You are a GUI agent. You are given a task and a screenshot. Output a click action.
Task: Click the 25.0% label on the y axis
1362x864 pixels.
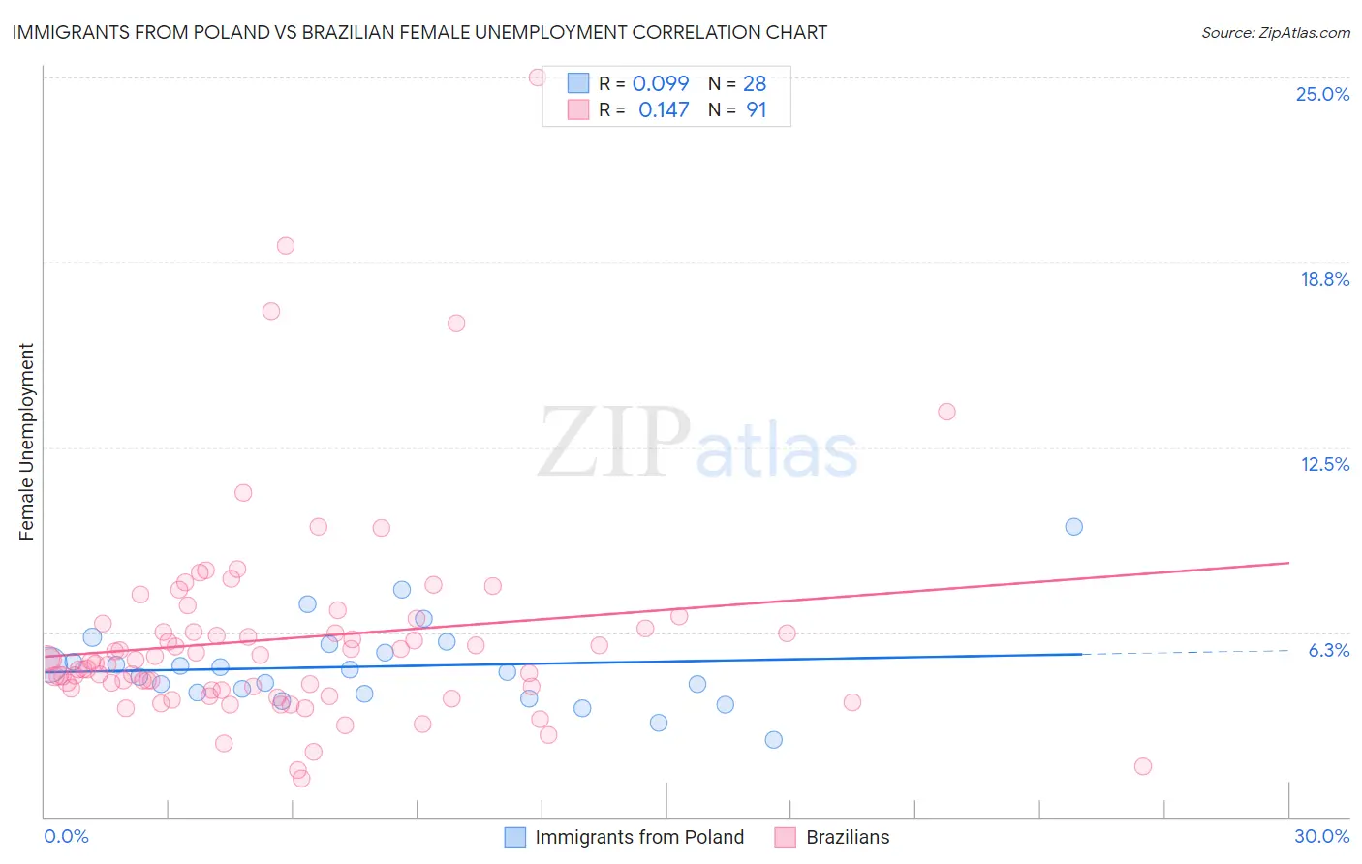click(x=1322, y=94)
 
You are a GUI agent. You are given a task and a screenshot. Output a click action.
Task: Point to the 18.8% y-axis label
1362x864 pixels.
click(x=1324, y=279)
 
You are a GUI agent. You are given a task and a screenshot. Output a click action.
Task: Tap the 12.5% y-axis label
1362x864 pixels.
click(x=1324, y=464)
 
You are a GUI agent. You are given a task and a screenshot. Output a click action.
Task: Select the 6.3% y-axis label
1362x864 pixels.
click(x=1328, y=650)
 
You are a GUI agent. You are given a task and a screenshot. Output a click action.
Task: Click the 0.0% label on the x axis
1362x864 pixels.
click(x=66, y=836)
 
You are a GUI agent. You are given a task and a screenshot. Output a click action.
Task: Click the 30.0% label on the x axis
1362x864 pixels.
click(x=1321, y=836)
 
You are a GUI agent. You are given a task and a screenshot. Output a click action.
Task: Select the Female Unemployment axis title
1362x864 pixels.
click(x=26, y=442)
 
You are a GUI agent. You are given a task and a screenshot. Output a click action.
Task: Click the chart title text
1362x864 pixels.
click(x=419, y=32)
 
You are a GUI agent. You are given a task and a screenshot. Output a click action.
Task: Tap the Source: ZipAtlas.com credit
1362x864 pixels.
click(x=1275, y=32)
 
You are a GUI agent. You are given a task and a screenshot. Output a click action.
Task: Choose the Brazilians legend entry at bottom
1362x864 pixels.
click(x=847, y=837)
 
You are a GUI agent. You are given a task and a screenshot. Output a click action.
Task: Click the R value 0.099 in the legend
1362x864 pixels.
click(x=661, y=83)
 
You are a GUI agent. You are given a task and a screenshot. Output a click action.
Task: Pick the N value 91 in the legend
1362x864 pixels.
click(x=756, y=110)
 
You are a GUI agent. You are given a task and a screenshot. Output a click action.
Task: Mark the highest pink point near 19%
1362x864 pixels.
click(x=285, y=245)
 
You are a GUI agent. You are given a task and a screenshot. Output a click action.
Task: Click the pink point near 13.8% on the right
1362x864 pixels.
click(x=946, y=412)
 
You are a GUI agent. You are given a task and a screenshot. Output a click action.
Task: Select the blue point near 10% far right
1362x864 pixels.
click(x=1073, y=527)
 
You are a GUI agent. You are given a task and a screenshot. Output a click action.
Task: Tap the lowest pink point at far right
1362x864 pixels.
click(x=1142, y=766)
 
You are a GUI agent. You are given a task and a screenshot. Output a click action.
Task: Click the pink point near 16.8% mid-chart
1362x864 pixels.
click(x=456, y=324)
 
